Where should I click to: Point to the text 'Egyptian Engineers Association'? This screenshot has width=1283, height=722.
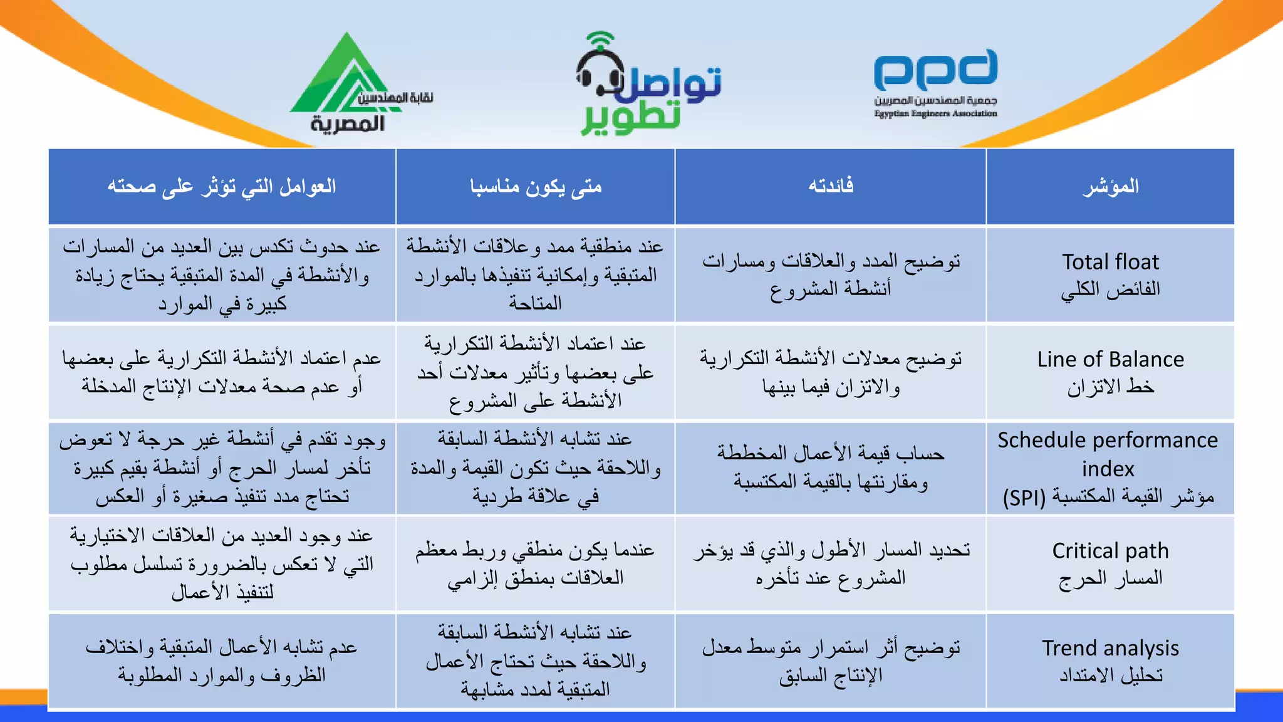click(x=935, y=113)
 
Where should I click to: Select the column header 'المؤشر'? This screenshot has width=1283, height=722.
click(x=1110, y=186)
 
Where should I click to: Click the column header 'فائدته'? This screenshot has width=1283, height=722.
click(x=831, y=186)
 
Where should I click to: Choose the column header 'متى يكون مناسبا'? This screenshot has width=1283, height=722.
click(x=536, y=186)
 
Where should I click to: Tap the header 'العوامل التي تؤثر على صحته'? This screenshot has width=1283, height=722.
click(x=222, y=186)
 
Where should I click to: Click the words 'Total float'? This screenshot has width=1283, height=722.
click(x=1110, y=261)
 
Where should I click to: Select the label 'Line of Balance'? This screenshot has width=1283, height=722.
click(x=1110, y=359)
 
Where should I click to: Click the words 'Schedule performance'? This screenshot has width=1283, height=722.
click(x=1108, y=440)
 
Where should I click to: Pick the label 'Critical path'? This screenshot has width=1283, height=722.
click(x=1110, y=550)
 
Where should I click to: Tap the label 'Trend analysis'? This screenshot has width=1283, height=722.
click(x=1110, y=647)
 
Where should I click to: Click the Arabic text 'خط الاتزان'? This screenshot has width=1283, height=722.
click(x=1110, y=387)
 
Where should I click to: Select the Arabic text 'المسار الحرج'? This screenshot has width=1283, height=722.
click(x=1110, y=578)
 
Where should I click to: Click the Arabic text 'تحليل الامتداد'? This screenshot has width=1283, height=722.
click(x=1110, y=675)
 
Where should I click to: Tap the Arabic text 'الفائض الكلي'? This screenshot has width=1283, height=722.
click(x=1110, y=289)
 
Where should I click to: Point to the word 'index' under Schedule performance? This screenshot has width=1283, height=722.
click(x=1108, y=468)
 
